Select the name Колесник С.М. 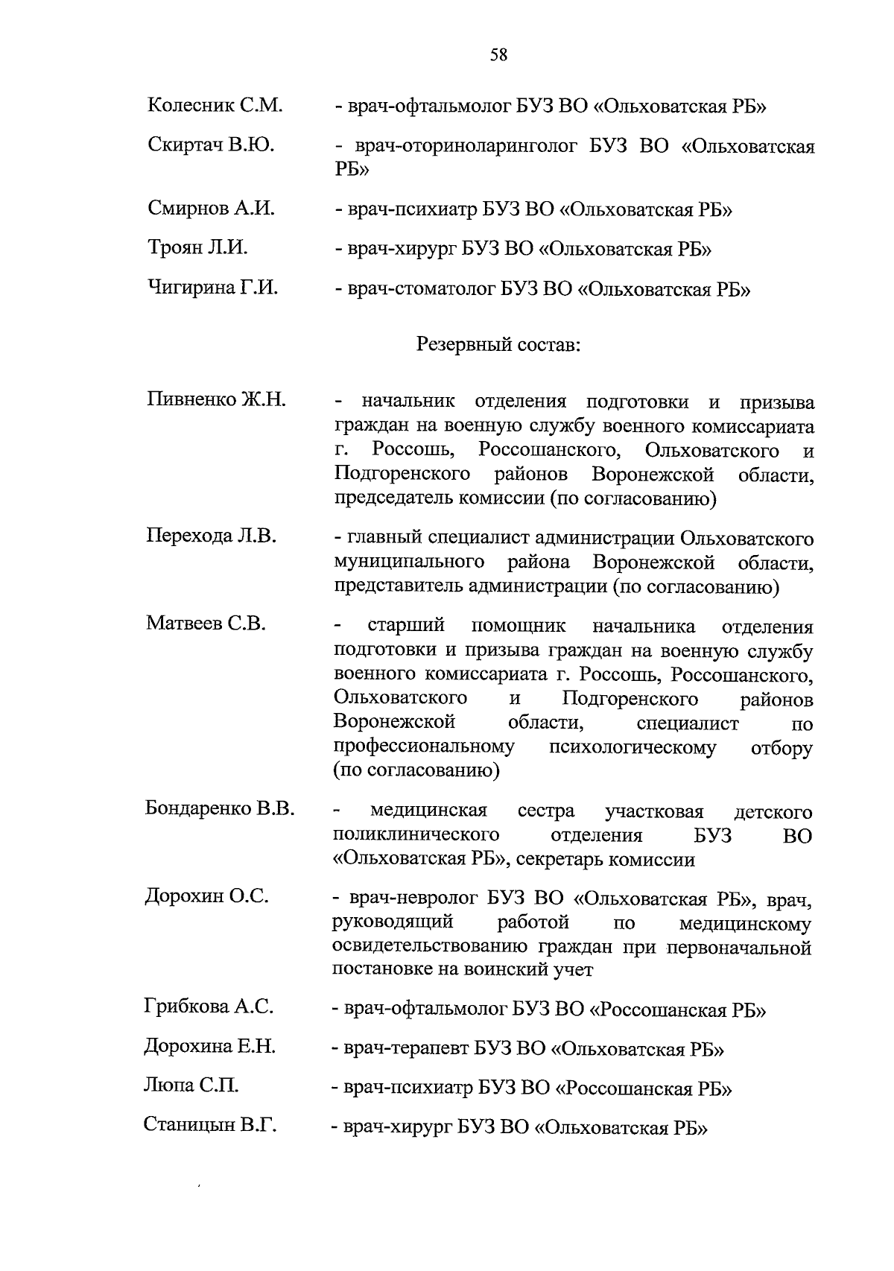click(215, 105)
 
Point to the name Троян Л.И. click(197, 247)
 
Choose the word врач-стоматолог click(421, 289)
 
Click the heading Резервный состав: click(498, 345)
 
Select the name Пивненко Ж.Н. click(216, 399)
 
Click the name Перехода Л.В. click(211, 536)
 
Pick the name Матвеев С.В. click(206, 623)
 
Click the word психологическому click(632, 747)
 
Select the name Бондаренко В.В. click(220, 809)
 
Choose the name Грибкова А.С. click(209, 1007)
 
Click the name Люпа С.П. click(191, 1085)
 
